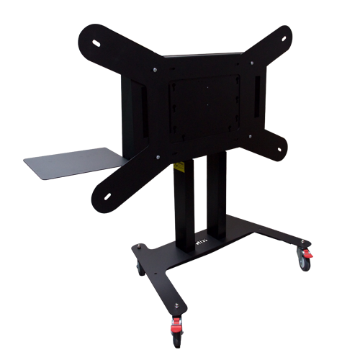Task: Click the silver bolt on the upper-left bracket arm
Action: (x=154, y=70)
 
